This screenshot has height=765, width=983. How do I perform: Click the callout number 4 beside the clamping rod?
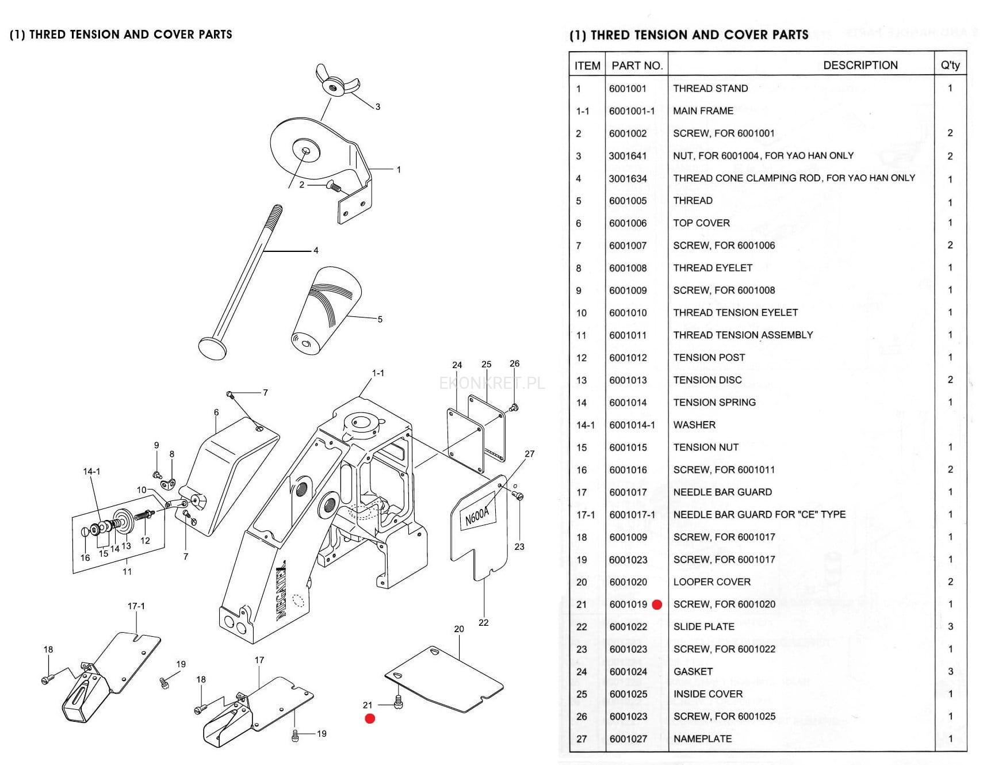point(316,250)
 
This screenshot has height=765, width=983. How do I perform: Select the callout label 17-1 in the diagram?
point(136,606)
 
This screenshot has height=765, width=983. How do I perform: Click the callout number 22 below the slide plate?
point(483,622)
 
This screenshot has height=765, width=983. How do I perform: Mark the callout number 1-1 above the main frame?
point(378,373)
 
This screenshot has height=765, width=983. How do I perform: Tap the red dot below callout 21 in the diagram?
point(370,718)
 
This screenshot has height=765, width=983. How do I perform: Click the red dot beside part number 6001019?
point(657,605)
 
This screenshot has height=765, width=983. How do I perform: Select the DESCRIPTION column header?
point(860,65)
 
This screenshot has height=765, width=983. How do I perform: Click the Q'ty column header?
point(950,65)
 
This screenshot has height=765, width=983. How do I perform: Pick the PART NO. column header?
point(637,66)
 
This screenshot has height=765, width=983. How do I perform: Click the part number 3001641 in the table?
point(628,156)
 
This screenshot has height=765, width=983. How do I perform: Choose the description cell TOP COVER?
point(701,223)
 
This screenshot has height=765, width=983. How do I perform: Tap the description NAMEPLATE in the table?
point(702,739)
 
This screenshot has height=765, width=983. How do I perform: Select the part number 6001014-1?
point(632,425)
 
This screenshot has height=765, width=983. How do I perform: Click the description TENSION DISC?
point(707,380)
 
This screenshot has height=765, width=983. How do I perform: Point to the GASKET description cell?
point(693,671)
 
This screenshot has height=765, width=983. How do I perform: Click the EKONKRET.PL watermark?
point(492,383)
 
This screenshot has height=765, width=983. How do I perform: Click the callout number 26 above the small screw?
point(514,364)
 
